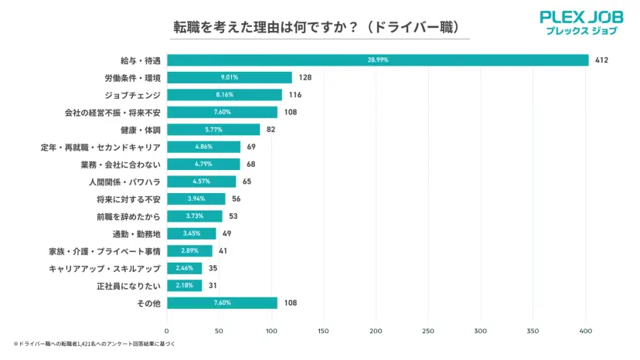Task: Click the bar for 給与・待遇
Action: pyautogui.click(x=464, y=60)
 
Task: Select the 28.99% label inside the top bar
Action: pyautogui.click(x=378, y=60)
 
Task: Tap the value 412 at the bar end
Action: pyautogui.click(x=601, y=60)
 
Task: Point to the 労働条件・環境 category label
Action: pyautogui.click(x=133, y=77)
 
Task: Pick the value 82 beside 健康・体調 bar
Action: pyautogui.click(x=271, y=130)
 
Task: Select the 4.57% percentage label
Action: pyautogui.click(x=202, y=182)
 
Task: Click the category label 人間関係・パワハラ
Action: pyautogui.click(x=125, y=182)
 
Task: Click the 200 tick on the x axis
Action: pyautogui.click(x=376, y=331)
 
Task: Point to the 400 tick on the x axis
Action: pyautogui.click(x=585, y=331)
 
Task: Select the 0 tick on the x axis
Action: pyautogui.click(x=167, y=331)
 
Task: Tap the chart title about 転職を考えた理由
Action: pyautogui.click(x=319, y=27)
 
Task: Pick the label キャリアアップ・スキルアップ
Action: pyautogui.click(x=104, y=268)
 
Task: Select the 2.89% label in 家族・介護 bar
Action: pyautogui.click(x=189, y=251)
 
